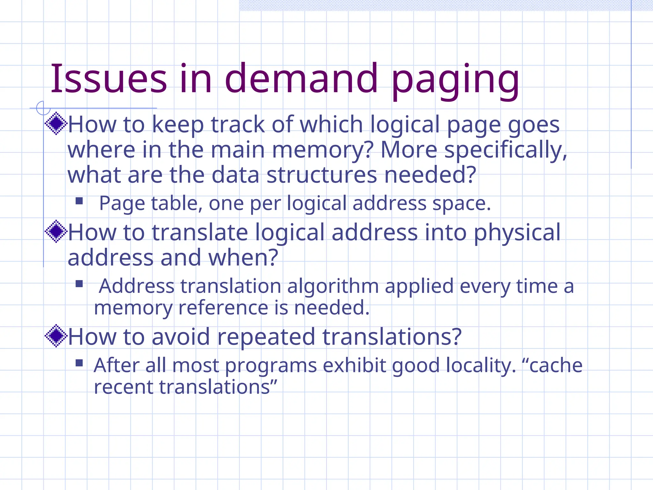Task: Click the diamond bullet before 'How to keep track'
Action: [x=56, y=123]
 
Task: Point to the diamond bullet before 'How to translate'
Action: [x=56, y=231]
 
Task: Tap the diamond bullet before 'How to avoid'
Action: [x=56, y=336]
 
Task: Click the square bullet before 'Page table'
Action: [x=79, y=201]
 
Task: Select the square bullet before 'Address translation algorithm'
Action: [x=79, y=284]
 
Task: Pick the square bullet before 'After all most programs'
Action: [x=79, y=363]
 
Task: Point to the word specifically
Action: [x=506, y=150]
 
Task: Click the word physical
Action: [x=517, y=232]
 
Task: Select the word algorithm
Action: [x=333, y=286]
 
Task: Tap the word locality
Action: [x=481, y=366]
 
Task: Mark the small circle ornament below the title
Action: [x=43, y=108]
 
